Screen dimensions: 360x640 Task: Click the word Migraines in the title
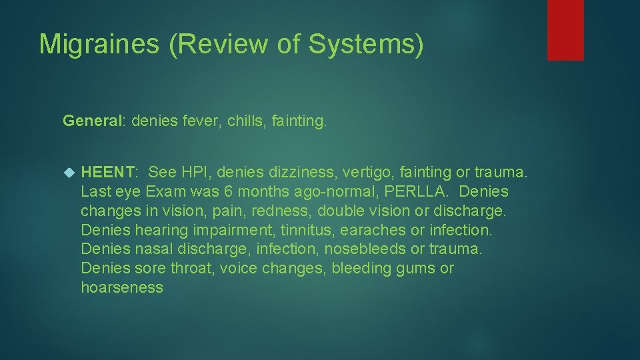tap(99, 45)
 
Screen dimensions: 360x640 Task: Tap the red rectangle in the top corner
tap(565, 30)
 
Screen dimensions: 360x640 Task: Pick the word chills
tap(245, 121)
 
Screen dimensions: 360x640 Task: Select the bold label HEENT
tap(107, 173)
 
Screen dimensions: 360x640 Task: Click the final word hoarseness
tap(122, 288)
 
